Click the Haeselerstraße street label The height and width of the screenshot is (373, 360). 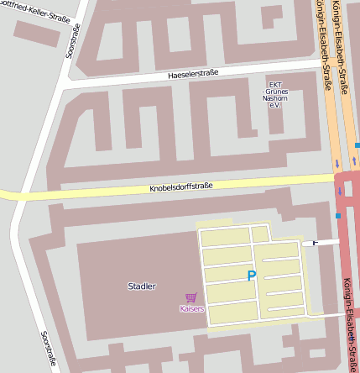click(193, 74)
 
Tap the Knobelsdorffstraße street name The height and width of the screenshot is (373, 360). click(181, 186)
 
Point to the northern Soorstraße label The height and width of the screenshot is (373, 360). click(72, 40)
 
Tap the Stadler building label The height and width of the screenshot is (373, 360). click(141, 286)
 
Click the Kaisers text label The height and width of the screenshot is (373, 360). click(191, 309)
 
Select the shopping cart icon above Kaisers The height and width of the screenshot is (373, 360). click(191, 297)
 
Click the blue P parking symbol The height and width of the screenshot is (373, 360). click(250, 276)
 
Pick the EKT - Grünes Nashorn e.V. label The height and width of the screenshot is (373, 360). click(274, 96)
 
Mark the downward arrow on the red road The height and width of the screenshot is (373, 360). click(340, 191)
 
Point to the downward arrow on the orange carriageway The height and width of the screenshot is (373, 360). click(337, 163)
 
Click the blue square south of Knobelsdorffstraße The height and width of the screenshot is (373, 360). click(338, 216)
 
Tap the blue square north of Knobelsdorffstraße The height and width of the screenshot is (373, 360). click(357, 144)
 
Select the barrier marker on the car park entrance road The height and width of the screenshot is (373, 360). click(316, 243)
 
